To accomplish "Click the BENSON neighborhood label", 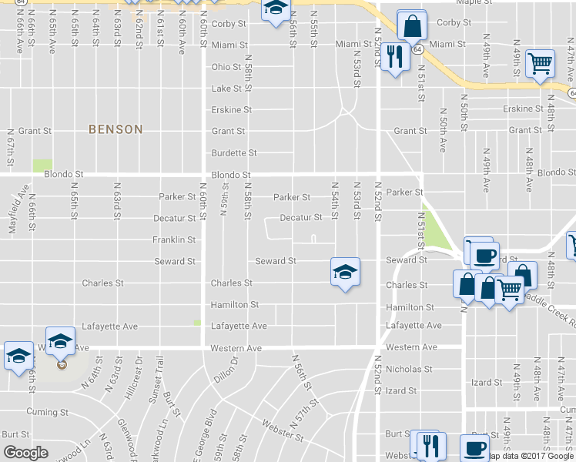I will [116, 129].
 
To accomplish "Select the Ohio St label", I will [226, 67].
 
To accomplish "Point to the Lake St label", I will [226, 89].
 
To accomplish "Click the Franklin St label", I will [174, 240].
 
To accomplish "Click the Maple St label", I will [474, 2].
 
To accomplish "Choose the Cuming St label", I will [45, 412].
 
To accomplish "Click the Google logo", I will [25, 453].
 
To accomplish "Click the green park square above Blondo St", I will [42, 166].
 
